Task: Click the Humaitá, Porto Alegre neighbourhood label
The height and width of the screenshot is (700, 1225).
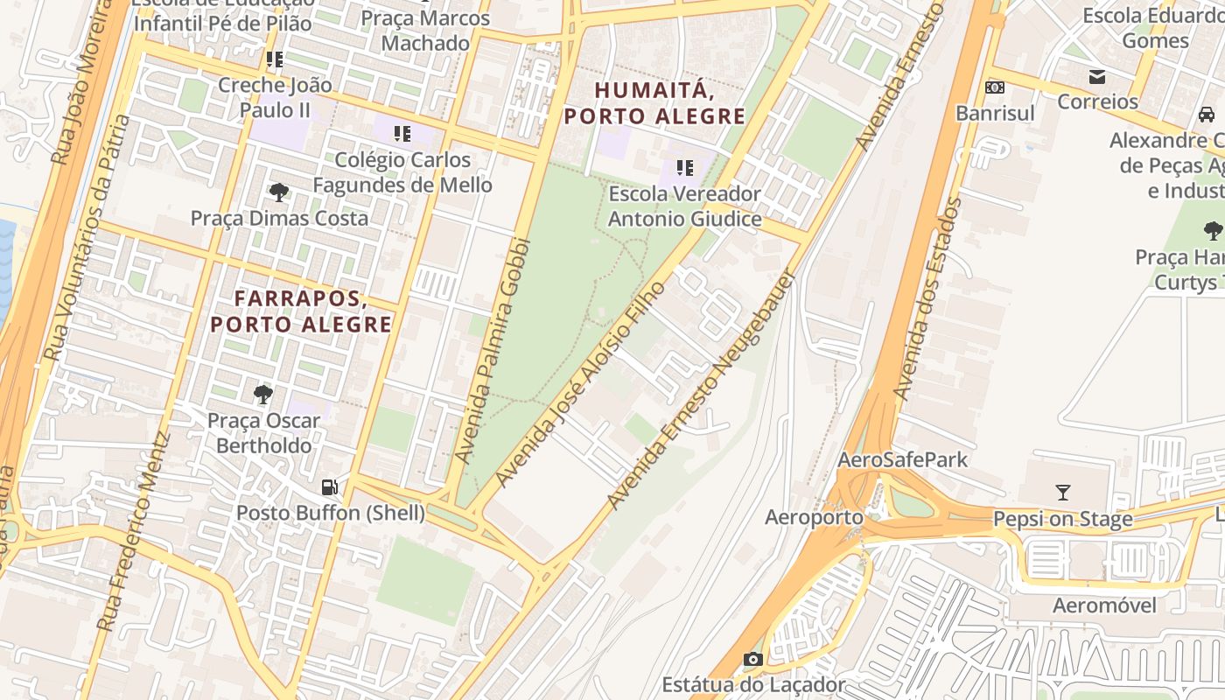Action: [x=654, y=103]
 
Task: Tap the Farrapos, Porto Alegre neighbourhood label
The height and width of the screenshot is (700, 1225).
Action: [x=301, y=311]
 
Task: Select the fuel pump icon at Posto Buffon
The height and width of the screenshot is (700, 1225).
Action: [x=330, y=487]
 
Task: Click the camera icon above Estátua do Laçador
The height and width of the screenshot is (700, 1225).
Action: [x=752, y=659]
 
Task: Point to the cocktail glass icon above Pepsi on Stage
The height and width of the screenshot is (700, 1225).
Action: [x=1063, y=493]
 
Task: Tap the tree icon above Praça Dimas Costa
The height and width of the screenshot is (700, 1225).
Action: [x=279, y=192]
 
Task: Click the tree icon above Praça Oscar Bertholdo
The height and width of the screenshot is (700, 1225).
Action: [x=262, y=395]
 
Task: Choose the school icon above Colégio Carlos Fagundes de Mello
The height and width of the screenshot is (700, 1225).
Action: [x=402, y=134]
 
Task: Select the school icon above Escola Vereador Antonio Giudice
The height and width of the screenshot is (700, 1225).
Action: [x=684, y=167]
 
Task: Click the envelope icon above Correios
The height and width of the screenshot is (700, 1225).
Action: [x=1096, y=77]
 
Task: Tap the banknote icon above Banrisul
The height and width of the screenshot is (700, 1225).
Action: [x=995, y=87]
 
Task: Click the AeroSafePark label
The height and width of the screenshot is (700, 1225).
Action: [x=903, y=460]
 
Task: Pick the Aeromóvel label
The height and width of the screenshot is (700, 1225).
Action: [x=1104, y=605]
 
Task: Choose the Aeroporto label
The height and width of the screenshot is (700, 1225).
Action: [x=814, y=517]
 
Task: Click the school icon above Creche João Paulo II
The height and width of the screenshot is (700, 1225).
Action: [x=275, y=59]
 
